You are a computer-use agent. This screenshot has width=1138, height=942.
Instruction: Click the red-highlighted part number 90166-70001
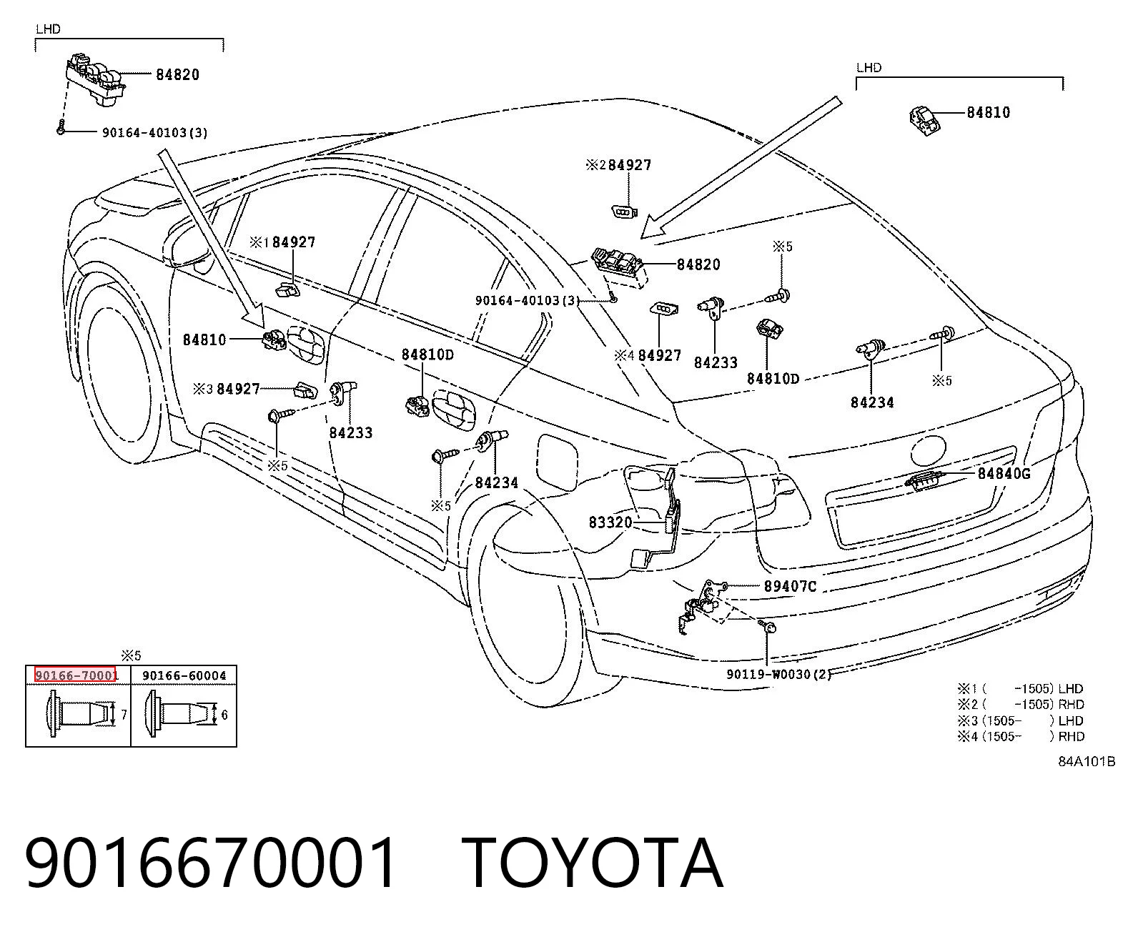point(76,675)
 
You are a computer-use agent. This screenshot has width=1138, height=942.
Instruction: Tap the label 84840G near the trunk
point(1004,474)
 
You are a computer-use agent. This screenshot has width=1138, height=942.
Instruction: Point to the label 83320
point(610,522)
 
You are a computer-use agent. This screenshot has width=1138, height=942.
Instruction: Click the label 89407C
point(791,586)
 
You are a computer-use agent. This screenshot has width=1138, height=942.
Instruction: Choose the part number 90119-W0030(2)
point(779,674)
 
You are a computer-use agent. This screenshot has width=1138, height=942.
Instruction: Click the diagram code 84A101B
point(1087,762)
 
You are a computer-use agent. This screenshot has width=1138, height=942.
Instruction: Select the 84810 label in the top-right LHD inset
point(989,113)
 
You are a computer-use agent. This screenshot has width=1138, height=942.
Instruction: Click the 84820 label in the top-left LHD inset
point(178,74)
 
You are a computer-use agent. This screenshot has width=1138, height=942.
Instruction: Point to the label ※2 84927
point(618,165)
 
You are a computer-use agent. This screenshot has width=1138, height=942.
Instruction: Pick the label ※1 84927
point(282,242)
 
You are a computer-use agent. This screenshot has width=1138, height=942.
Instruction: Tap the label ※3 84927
point(227,390)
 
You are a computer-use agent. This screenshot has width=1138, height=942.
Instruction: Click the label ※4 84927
point(648,356)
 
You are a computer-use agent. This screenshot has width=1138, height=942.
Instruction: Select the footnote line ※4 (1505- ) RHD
point(1021,736)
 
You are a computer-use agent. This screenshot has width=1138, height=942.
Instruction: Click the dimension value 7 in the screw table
point(124,714)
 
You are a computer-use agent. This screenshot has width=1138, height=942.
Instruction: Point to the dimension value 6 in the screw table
point(224,714)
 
